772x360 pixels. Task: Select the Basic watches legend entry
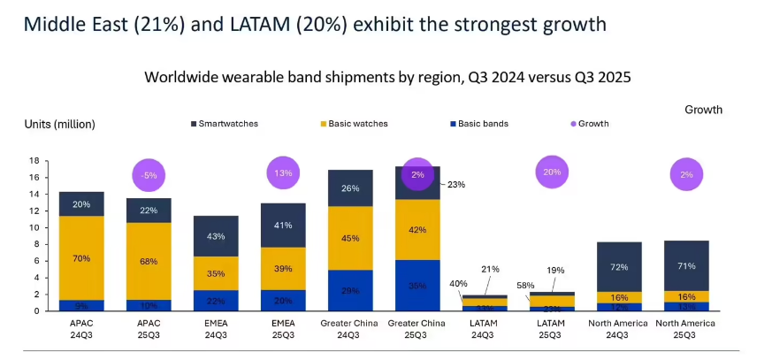coord(357,124)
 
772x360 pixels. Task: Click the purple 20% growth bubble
coord(553,172)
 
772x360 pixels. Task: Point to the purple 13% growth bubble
coord(283,172)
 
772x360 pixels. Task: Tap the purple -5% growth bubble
coord(149,175)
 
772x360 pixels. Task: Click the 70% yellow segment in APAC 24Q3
coord(81,259)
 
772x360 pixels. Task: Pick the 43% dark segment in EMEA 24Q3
coord(216,236)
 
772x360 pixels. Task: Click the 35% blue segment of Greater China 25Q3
coord(418,285)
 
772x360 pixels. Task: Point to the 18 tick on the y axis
coord(34,161)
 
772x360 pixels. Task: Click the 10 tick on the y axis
coord(34,227)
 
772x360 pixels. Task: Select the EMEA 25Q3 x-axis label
coord(283,329)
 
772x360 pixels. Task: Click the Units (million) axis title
coord(59,124)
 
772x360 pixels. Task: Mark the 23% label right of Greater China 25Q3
coord(455,185)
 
